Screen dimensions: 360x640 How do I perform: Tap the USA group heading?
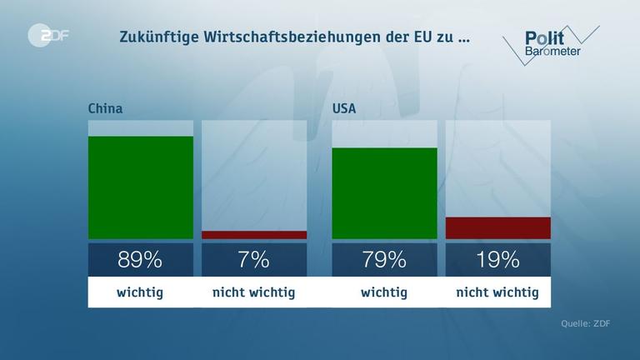(x=346, y=108)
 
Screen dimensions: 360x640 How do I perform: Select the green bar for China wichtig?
(x=140, y=187)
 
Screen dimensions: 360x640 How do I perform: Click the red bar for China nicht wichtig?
(x=254, y=235)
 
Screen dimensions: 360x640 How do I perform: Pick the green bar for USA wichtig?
(x=384, y=193)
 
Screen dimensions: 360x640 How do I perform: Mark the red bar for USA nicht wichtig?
(x=498, y=227)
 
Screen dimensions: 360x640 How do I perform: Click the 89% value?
(x=140, y=259)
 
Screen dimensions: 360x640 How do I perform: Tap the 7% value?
(x=254, y=259)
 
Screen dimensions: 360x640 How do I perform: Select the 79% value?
(x=384, y=259)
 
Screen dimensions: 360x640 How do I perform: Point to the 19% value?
(x=498, y=259)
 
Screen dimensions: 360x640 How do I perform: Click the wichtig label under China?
(x=140, y=292)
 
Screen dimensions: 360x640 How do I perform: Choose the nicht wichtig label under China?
(x=254, y=292)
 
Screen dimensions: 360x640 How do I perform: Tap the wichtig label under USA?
(x=384, y=292)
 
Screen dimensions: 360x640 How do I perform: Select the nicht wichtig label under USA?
(x=498, y=292)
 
